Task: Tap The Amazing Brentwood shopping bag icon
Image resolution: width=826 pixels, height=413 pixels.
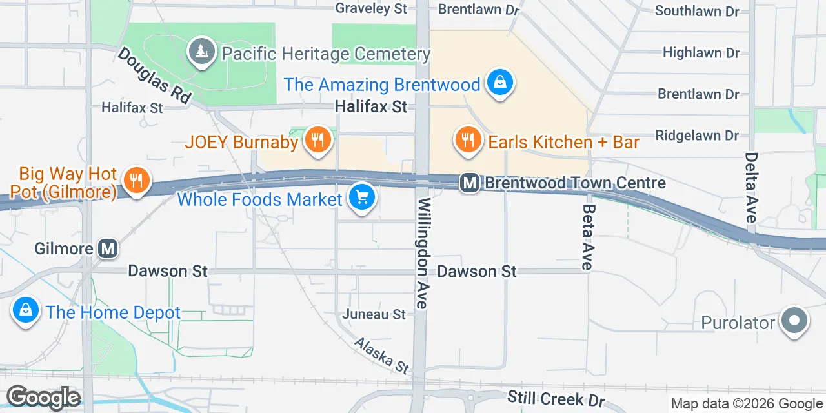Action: tap(499, 83)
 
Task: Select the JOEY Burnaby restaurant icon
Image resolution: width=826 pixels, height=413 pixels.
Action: tap(317, 140)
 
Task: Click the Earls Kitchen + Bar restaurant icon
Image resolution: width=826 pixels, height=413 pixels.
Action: tap(468, 140)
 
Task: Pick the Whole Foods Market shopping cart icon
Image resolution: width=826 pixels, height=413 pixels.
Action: tap(361, 198)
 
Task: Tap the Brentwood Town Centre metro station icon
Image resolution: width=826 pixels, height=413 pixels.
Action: tap(470, 183)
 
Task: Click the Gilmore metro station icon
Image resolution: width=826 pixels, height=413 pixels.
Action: tap(108, 248)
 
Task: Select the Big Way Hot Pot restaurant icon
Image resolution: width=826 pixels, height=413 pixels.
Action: tap(136, 180)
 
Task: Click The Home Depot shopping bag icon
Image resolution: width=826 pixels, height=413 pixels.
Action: tap(25, 312)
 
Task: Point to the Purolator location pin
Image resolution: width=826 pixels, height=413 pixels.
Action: tap(794, 321)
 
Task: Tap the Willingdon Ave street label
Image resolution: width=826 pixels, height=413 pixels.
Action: tap(423, 254)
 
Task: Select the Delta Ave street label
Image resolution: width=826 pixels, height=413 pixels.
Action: tap(750, 187)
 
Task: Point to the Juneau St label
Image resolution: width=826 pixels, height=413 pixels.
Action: tap(374, 314)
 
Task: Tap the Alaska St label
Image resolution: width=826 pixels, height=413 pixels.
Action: tap(381, 355)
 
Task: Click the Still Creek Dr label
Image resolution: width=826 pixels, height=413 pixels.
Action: tap(556, 398)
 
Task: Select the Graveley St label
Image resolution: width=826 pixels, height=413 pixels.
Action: tap(371, 8)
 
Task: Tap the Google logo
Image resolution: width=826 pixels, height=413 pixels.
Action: tap(43, 398)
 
